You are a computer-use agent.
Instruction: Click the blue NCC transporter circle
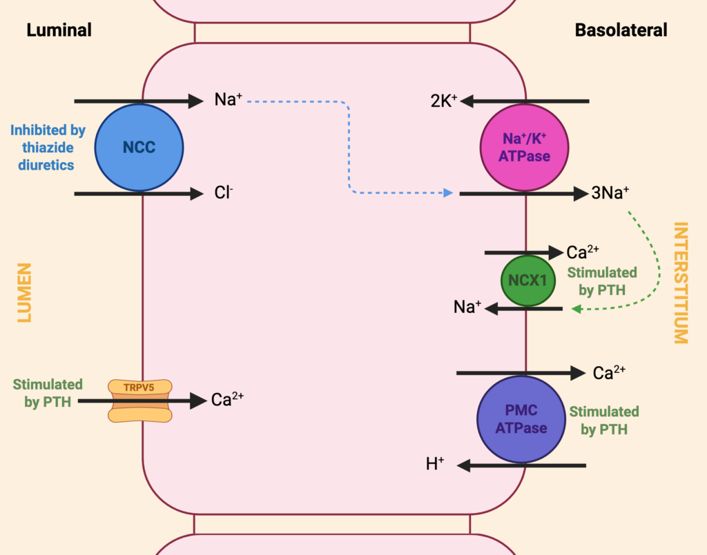(139, 148)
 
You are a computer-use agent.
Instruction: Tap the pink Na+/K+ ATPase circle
(525, 148)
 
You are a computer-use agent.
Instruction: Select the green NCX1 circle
(528, 281)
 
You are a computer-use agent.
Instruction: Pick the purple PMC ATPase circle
(521, 419)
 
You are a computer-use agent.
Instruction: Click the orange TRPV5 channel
(139, 401)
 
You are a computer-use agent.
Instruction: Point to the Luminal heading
(59, 30)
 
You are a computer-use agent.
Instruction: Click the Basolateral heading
(621, 30)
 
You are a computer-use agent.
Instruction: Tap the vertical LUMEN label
(24, 292)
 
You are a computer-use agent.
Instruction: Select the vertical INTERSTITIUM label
(681, 283)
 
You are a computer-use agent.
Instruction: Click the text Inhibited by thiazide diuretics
(48, 148)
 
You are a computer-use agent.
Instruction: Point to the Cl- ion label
(224, 192)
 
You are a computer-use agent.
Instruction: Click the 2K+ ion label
(444, 101)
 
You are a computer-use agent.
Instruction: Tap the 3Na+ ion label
(610, 192)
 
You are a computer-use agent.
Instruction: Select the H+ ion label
(435, 463)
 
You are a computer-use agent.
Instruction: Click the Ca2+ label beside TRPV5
(227, 399)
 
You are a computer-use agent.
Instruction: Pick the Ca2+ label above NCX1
(583, 252)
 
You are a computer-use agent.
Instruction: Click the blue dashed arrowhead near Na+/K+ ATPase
(447, 192)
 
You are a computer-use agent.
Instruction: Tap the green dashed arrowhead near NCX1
(576, 309)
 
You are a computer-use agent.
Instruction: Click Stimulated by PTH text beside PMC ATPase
(603, 421)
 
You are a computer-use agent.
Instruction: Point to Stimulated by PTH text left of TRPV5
(48, 393)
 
